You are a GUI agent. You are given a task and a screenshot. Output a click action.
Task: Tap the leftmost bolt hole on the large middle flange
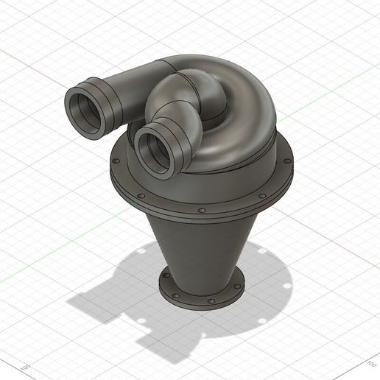pos(116,158)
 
